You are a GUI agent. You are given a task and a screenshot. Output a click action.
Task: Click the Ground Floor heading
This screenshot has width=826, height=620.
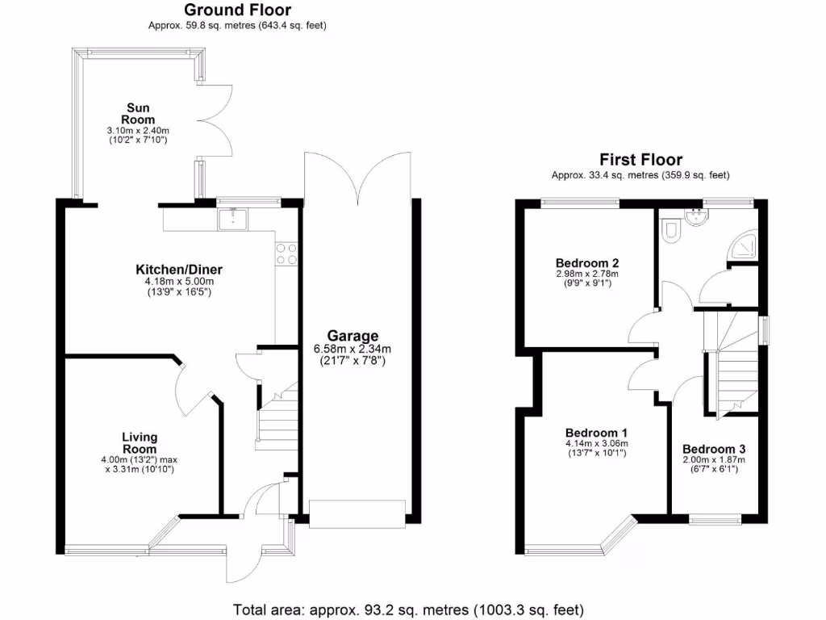238,10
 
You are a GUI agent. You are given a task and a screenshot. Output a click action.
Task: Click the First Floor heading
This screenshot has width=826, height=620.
640,160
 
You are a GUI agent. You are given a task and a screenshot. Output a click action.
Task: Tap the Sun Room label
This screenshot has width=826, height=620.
138,114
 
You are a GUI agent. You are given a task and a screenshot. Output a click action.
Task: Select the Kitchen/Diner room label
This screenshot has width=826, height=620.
178,270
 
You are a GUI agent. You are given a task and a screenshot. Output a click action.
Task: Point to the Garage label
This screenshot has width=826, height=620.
353,336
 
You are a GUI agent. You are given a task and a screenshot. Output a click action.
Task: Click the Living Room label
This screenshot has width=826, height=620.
140,443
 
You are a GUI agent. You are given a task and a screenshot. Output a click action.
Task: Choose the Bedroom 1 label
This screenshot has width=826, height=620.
597,432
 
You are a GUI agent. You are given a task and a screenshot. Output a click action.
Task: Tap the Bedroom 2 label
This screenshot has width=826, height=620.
586,263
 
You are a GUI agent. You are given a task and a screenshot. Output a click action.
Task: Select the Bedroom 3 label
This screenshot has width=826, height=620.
714,450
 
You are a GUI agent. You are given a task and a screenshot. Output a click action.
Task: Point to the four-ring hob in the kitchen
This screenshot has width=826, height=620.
286,253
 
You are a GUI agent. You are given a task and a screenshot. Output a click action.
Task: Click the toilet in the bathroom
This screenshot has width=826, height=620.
670,233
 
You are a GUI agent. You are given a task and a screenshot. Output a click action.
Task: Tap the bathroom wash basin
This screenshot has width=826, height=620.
695,216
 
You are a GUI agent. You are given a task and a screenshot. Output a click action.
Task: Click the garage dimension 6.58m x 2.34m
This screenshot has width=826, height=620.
353,350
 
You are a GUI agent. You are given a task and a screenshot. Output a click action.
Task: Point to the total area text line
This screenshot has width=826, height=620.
407,610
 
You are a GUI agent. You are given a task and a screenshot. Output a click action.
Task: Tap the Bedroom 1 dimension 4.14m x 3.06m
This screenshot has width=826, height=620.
597,443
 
